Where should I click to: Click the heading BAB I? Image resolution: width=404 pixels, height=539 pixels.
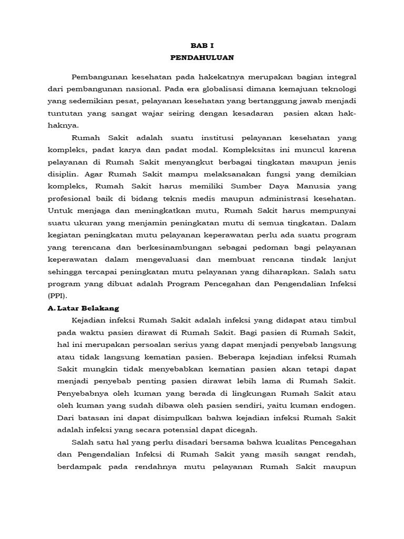(x=202, y=46)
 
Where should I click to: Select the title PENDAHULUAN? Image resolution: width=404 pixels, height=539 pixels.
(x=202, y=57)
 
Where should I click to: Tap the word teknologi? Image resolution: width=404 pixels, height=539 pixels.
(x=335, y=89)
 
